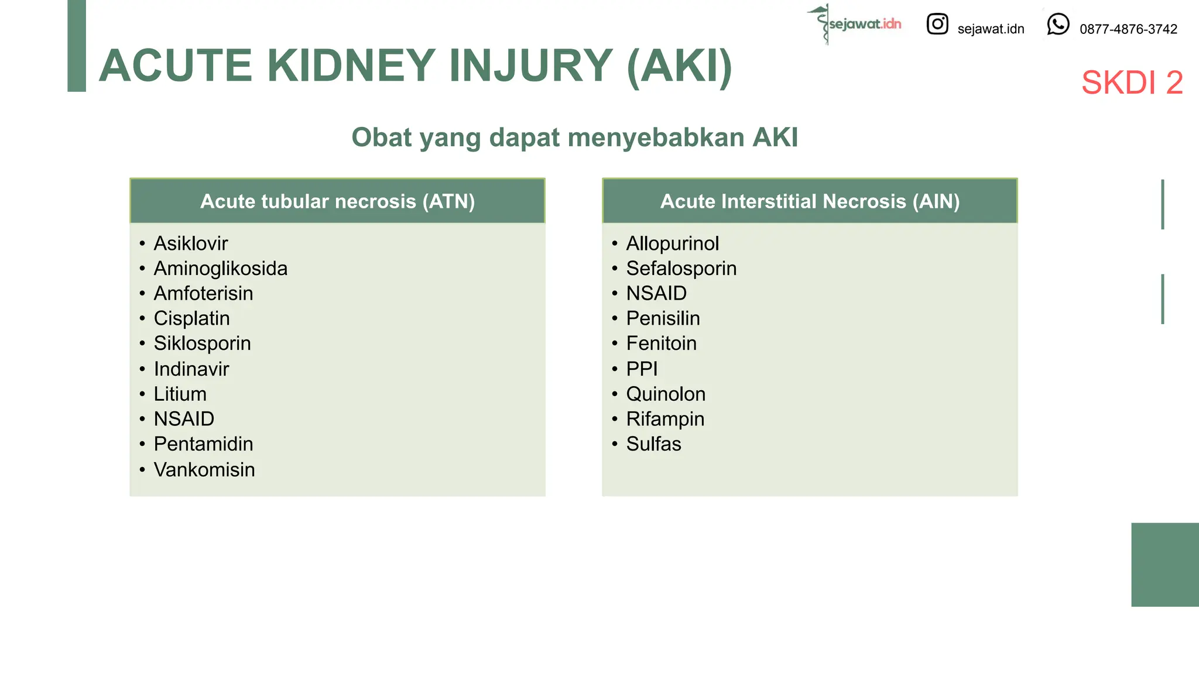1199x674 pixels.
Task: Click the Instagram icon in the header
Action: pyautogui.click(x=937, y=24)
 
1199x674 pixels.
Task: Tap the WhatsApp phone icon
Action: pyautogui.click(x=1058, y=25)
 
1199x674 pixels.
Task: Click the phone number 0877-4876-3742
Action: pyautogui.click(x=1128, y=29)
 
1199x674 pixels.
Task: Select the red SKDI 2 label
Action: pyautogui.click(x=1132, y=82)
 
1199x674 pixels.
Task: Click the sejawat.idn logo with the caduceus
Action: pyautogui.click(x=855, y=24)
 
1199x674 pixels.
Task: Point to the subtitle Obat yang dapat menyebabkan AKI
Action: pyautogui.click(x=574, y=137)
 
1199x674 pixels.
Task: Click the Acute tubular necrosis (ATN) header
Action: pyautogui.click(x=337, y=201)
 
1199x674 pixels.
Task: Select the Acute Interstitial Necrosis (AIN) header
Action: pyautogui.click(x=810, y=201)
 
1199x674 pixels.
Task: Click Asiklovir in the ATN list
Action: pyautogui.click(x=190, y=243)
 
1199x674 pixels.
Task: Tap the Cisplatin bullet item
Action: pyautogui.click(x=191, y=318)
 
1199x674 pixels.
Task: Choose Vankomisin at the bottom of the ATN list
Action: pyautogui.click(x=204, y=469)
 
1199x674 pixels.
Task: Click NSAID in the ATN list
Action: pyautogui.click(x=184, y=419)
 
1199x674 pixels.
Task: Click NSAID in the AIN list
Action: pyautogui.click(x=656, y=293)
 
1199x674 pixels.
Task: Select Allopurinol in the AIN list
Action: pyautogui.click(x=672, y=243)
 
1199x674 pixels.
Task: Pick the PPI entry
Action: pyautogui.click(x=642, y=369)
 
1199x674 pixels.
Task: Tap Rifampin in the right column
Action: pyautogui.click(x=665, y=419)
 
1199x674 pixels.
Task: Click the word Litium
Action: pyautogui.click(x=180, y=394)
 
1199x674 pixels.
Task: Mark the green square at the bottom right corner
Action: pyautogui.click(x=1164, y=565)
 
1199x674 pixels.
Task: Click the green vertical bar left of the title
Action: pyautogui.click(x=77, y=46)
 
